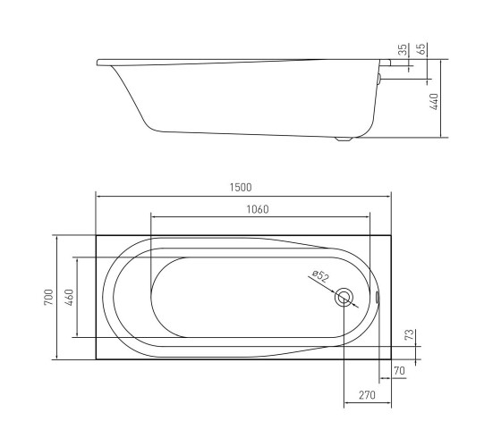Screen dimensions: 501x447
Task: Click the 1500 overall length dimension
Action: click(x=241, y=188)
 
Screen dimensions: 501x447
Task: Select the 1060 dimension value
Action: click(x=258, y=209)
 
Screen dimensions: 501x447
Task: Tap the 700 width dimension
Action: click(x=48, y=297)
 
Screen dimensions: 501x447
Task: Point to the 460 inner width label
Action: click(x=69, y=297)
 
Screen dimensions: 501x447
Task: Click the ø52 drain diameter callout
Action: click(x=320, y=276)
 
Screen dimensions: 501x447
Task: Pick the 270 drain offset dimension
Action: click(x=367, y=395)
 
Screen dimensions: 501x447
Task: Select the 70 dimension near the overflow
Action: click(x=399, y=371)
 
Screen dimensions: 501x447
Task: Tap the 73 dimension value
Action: click(x=410, y=334)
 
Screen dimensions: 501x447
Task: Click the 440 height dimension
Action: click(x=435, y=102)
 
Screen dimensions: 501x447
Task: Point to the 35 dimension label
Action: click(x=403, y=49)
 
